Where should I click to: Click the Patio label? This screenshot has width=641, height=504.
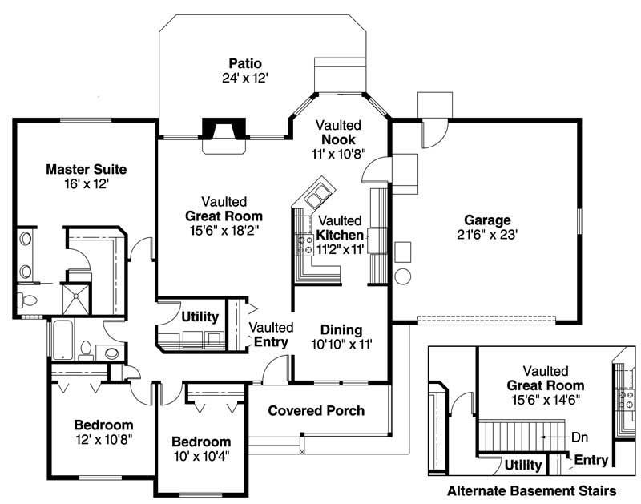point(245,63)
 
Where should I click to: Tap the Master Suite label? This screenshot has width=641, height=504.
point(86,169)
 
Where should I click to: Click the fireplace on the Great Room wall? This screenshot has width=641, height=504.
point(224,131)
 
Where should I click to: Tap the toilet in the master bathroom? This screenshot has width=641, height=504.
point(26,301)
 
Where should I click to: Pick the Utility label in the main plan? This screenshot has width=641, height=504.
point(200,317)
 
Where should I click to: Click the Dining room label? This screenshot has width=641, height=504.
point(341,330)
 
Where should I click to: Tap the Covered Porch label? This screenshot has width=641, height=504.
point(316,410)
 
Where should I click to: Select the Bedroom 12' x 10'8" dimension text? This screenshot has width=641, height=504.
point(103,438)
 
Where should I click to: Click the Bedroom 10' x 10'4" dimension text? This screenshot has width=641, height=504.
point(201,457)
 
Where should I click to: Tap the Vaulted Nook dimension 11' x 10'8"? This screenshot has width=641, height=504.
point(340,153)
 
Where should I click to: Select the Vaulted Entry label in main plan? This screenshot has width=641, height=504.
point(270,334)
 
